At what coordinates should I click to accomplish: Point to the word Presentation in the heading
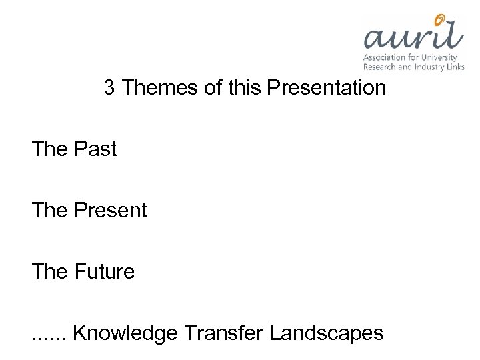click(x=327, y=88)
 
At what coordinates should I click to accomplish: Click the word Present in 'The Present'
click(x=111, y=211)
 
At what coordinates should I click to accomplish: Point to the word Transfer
click(x=223, y=333)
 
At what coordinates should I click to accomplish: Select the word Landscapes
click(x=327, y=333)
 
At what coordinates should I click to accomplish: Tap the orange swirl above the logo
click(x=440, y=19)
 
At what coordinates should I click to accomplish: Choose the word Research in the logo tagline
click(x=379, y=67)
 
